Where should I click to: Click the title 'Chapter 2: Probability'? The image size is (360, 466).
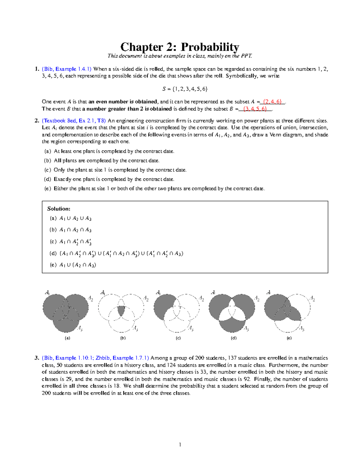point(180,47)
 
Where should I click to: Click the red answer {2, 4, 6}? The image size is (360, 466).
point(272,102)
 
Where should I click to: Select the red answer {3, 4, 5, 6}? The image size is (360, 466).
point(255,109)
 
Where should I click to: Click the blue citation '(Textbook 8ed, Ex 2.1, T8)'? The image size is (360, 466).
point(74,121)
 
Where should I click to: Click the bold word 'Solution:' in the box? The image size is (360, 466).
point(59,209)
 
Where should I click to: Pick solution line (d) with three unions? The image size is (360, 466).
point(116,254)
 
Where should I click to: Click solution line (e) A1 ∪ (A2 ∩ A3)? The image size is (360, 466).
point(73,265)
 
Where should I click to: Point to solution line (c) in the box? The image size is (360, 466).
point(70,242)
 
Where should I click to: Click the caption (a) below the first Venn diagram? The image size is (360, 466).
point(67,338)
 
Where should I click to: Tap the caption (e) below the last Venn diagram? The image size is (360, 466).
point(289,338)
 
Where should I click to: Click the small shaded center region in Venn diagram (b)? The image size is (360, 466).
point(121,311)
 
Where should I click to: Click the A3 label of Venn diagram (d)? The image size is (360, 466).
point(246,329)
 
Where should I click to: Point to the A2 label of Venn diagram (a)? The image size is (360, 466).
point(90,298)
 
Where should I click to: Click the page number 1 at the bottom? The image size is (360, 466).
point(180,445)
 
